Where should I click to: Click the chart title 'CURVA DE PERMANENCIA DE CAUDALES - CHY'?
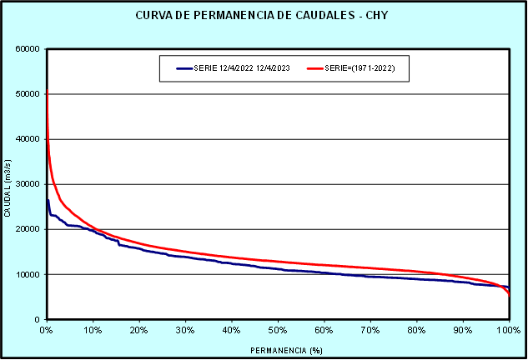tap(263, 17)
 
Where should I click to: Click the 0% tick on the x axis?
tap(47, 330)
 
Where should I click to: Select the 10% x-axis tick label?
tap(93, 330)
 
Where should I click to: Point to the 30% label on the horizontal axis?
tap(186, 330)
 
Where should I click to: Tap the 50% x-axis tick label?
tap(278, 330)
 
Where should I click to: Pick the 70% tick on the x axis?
tap(370, 330)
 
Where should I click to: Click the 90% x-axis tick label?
tap(463, 330)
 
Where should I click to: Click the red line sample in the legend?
tap(318, 68)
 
